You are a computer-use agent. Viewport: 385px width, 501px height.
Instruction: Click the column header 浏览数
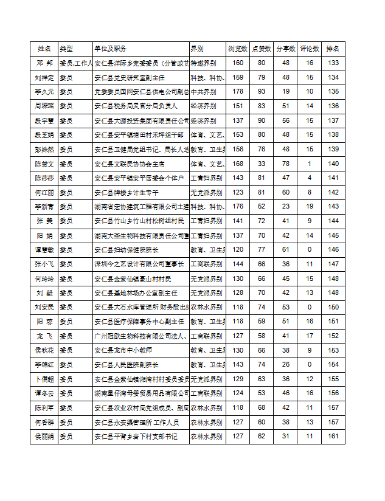coord(237,49)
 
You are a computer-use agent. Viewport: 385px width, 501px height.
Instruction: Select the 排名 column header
coord(333,49)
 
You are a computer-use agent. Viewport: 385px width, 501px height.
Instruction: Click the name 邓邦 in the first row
coord(44,63)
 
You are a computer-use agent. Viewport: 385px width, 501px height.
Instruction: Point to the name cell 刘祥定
coord(44,78)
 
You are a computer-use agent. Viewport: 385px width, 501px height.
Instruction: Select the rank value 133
coord(333,63)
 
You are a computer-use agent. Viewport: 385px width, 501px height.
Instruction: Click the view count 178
coord(238,92)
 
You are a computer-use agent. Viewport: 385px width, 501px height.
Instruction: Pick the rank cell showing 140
coord(333,164)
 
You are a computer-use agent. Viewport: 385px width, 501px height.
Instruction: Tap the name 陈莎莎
coord(44,178)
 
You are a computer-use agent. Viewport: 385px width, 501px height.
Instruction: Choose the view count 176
coord(238,207)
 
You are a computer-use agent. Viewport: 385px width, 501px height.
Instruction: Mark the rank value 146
coord(333,250)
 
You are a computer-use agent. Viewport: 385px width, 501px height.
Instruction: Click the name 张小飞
coord(44,264)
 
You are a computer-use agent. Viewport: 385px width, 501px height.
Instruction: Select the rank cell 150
coord(333,308)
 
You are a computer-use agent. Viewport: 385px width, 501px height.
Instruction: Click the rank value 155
coord(333,379)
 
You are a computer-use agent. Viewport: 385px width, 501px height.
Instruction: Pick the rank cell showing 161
coord(333,437)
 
